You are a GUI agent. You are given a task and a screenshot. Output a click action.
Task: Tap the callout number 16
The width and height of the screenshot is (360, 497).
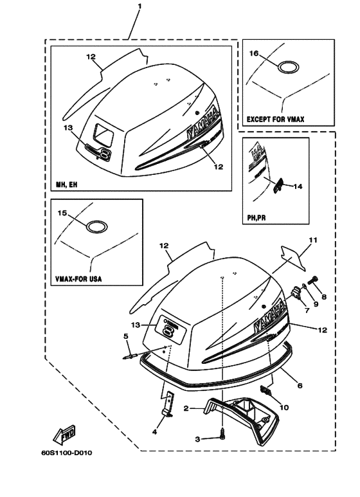(254, 54)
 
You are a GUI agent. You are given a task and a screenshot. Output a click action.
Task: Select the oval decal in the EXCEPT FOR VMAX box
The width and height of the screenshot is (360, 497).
(287, 66)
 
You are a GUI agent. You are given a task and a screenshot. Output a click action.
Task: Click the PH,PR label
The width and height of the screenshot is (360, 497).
(256, 217)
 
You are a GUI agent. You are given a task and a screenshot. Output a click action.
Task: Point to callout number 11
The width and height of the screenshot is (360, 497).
(312, 240)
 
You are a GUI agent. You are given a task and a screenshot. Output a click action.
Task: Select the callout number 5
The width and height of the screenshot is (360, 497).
(126, 336)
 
